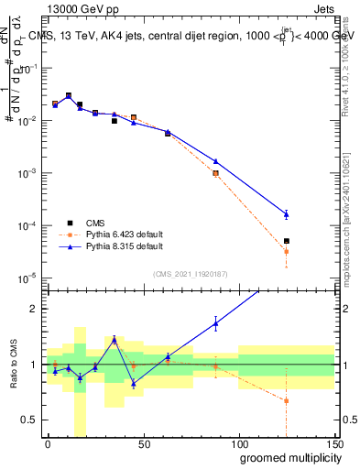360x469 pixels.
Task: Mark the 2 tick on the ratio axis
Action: pyautogui.click(x=36, y=309)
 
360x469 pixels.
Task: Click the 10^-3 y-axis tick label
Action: pyautogui.click(x=27, y=173)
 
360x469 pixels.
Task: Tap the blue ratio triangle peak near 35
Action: pyautogui.click(x=115, y=339)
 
